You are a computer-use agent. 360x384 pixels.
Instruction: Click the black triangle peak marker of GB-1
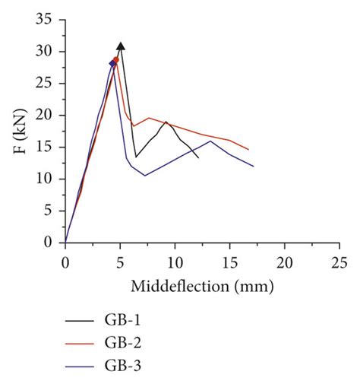(120, 47)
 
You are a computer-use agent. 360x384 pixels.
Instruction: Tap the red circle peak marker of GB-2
(115, 60)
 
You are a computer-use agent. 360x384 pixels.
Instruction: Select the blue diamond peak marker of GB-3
(112, 64)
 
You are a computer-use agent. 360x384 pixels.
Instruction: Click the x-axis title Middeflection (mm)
(202, 287)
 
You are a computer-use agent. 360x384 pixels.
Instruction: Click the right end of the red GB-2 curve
(248, 150)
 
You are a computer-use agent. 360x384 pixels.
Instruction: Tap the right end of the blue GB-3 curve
(253, 167)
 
